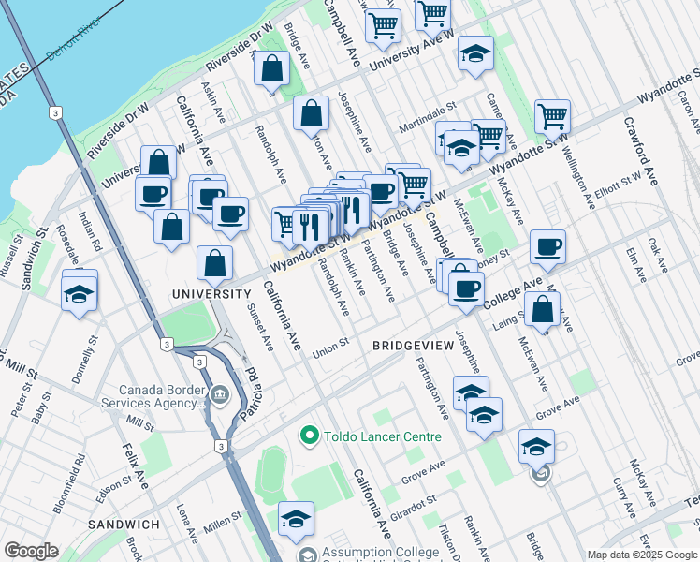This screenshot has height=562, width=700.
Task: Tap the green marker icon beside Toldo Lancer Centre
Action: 308,436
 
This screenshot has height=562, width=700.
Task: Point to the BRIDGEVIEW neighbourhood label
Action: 414,346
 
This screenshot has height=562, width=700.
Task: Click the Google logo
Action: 31,551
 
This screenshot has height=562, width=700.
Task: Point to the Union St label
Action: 331,345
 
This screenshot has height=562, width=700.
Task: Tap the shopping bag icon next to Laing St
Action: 543,308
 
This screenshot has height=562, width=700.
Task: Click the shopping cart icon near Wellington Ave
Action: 553,116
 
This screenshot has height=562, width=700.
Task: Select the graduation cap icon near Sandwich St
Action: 80,291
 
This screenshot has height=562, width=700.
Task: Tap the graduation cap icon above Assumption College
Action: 297,518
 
